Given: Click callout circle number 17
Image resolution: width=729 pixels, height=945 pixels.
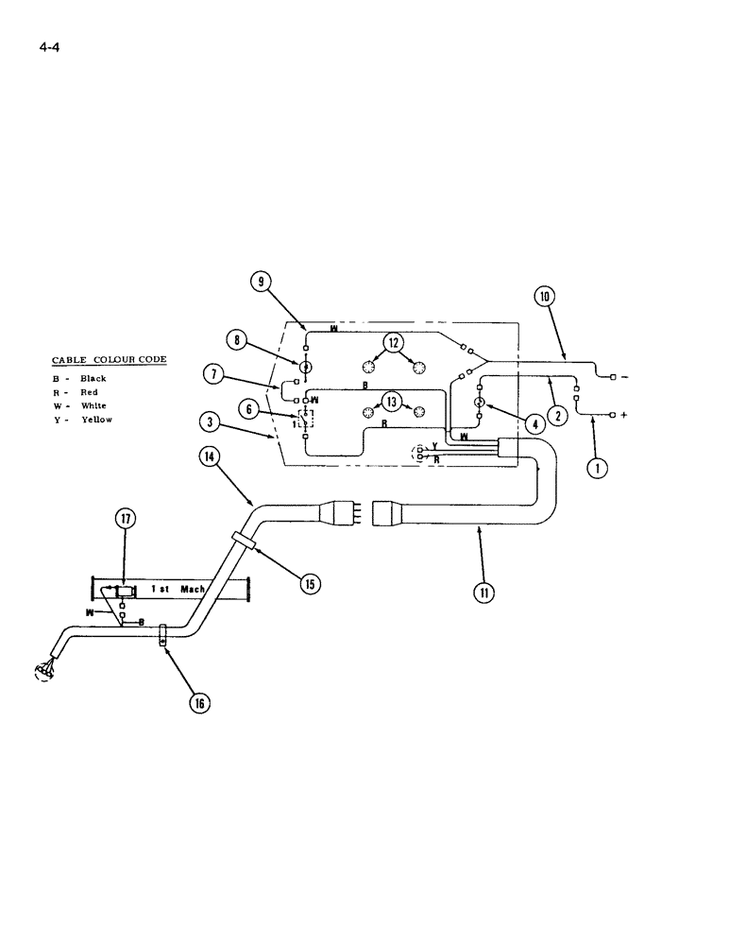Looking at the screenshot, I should tap(126, 518).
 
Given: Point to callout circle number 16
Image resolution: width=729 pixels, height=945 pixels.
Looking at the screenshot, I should tap(200, 702).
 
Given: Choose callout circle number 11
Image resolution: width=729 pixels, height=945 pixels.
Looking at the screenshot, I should tap(484, 593).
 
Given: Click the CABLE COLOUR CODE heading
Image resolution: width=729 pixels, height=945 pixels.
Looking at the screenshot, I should tap(108, 360).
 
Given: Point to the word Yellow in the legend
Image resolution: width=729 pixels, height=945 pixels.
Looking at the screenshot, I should tap(96, 420).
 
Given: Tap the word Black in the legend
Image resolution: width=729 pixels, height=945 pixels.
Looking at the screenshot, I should tap(93, 378).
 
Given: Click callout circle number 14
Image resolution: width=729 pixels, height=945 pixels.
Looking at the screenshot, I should tap(209, 455).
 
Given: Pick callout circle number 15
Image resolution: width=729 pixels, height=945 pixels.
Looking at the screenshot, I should tap(309, 583).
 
